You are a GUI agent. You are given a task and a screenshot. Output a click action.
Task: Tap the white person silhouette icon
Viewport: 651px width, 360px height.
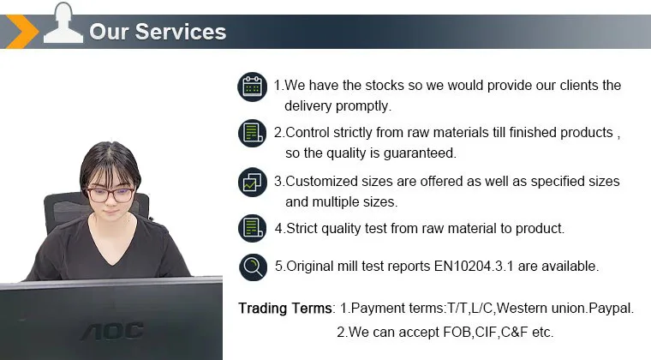click(63, 23)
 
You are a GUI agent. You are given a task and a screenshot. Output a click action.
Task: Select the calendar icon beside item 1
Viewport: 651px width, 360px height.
click(253, 87)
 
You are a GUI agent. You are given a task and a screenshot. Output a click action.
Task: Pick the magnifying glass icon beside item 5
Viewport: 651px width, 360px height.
click(254, 267)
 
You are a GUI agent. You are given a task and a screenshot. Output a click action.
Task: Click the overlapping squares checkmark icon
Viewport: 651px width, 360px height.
click(253, 182)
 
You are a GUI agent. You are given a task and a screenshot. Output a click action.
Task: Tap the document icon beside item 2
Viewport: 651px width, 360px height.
click(253, 134)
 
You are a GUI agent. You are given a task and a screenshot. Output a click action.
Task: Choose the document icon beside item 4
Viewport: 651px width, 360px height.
click(253, 228)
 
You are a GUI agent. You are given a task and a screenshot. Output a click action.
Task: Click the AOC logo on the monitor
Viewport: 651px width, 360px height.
click(112, 332)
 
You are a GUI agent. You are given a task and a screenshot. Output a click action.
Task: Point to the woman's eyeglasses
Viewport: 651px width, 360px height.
click(110, 195)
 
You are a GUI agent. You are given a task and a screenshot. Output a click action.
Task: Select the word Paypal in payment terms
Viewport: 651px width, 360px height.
click(611, 309)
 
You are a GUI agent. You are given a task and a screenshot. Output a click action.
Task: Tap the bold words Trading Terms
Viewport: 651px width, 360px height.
click(285, 308)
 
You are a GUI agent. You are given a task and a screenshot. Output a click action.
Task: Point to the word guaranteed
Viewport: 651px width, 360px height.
click(420, 153)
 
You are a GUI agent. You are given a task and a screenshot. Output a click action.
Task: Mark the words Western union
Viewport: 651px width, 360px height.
click(541, 308)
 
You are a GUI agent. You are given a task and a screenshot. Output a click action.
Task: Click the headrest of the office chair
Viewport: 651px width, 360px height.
click(66, 207)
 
